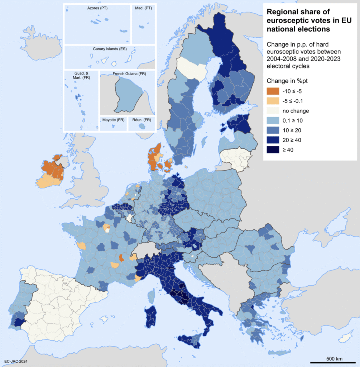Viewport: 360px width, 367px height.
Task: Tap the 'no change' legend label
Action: pos(296,111)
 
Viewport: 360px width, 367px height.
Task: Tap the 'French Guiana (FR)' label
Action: pos(129,74)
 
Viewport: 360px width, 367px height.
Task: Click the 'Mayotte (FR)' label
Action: pos(113,120)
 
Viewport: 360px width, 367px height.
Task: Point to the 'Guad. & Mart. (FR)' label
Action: pos(81,76)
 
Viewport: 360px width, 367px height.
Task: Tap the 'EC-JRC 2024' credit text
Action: pos(16,361)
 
